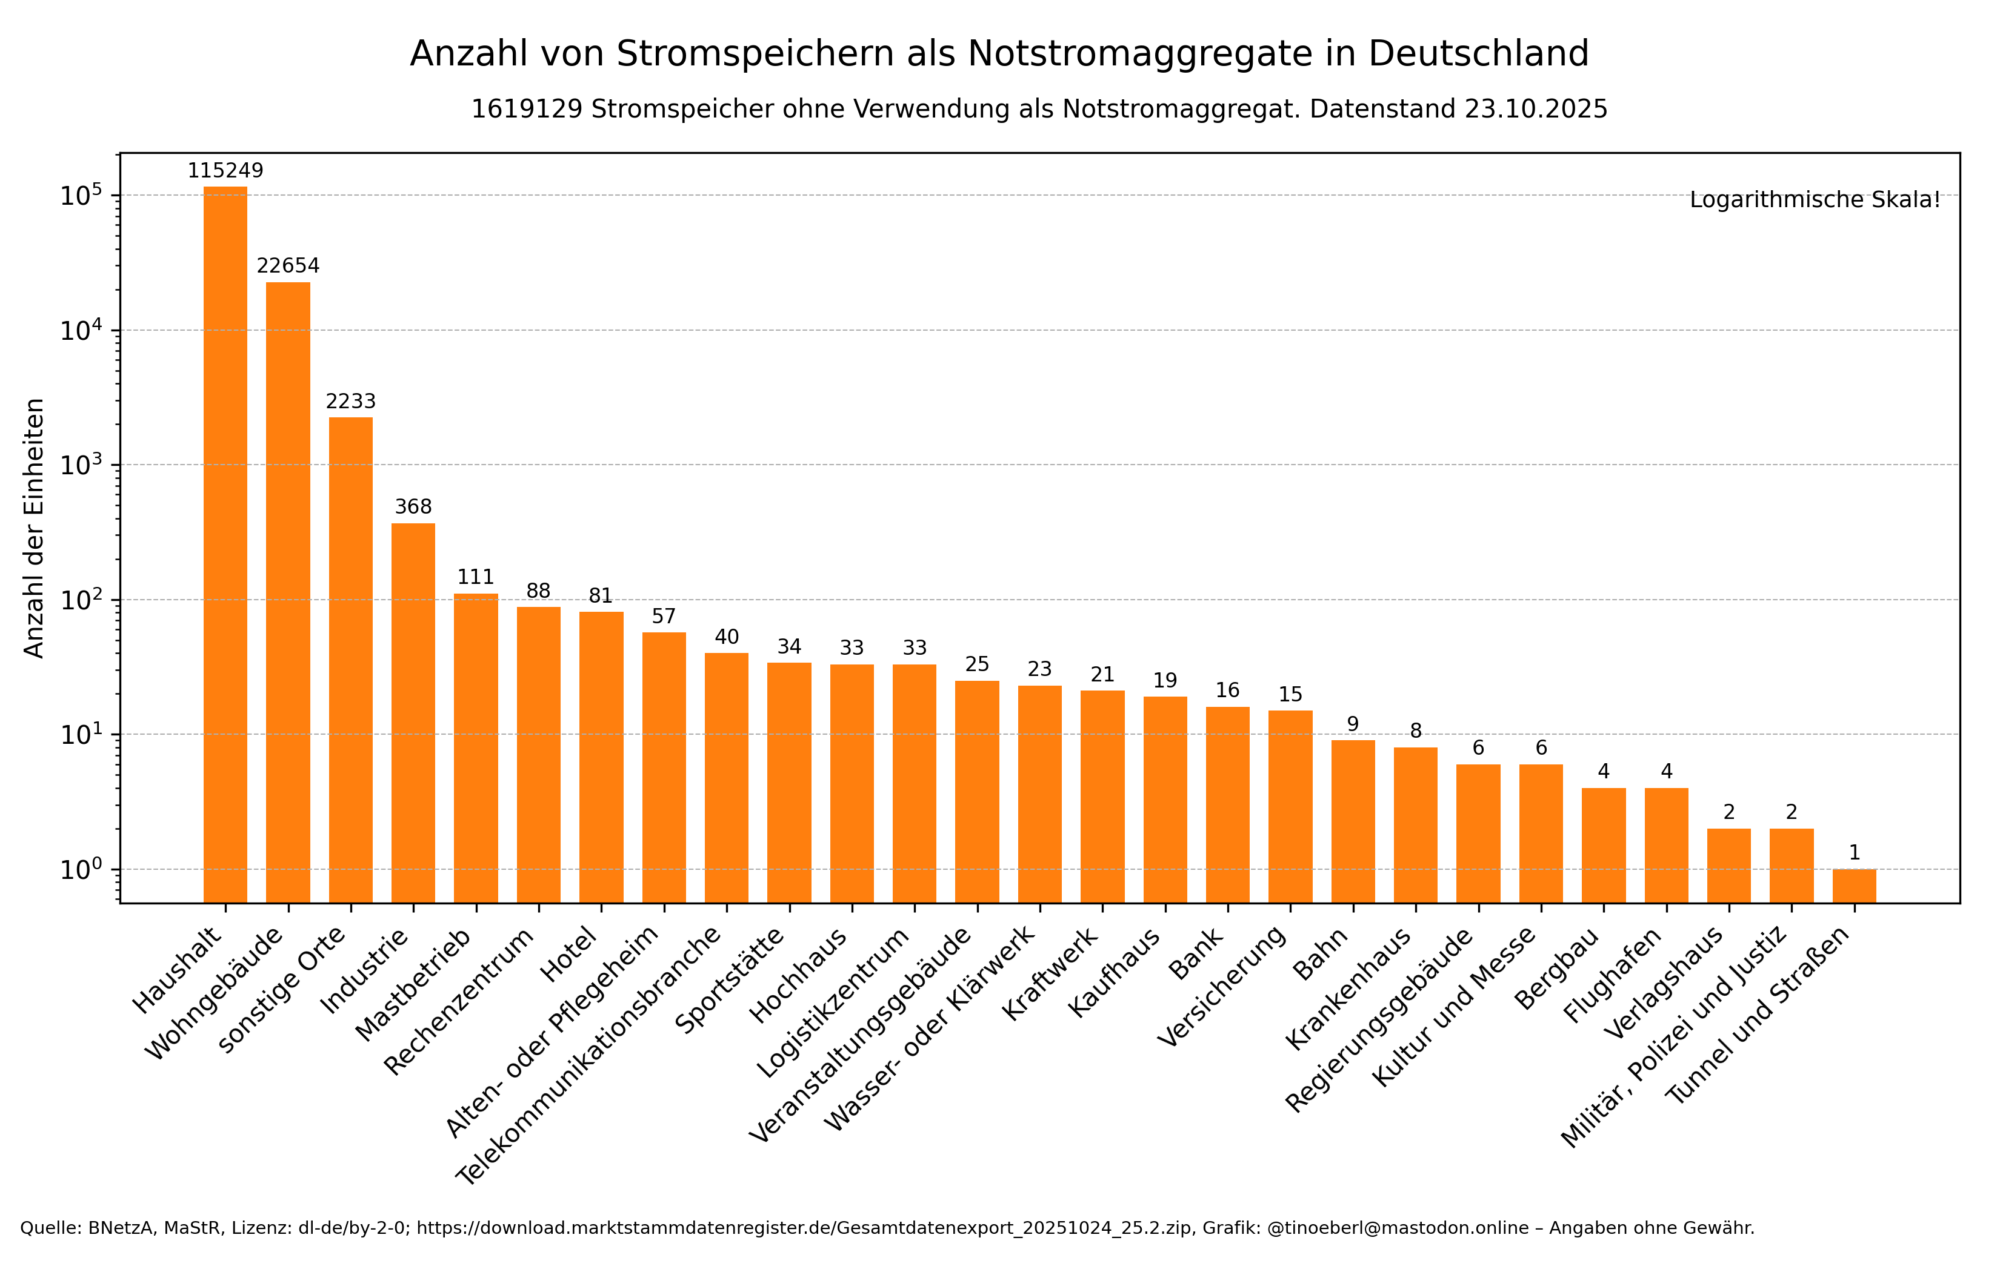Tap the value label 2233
tap(350, 402)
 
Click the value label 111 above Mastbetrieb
tap(476, 577)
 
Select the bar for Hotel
tap(601, 757)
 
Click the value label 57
tap(664, 616)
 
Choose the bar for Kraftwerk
tap(1102, 797)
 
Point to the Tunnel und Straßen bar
tap(1854, 886)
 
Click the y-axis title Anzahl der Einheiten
tap(34, 528)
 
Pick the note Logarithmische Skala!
tap(1815, 200)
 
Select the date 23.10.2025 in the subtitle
tap(1536, 110)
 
